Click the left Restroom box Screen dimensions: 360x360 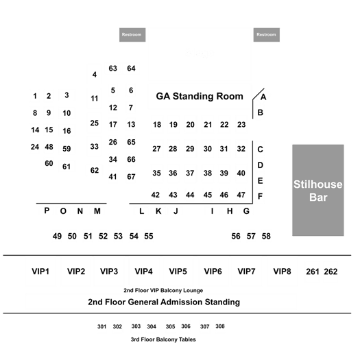(x=132, y=35)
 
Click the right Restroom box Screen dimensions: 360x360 (x=267, y=35)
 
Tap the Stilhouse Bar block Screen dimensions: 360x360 (x=318, y=190)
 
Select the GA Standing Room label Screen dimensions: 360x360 (x=200, y=96)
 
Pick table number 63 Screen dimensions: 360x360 (x=112, y=69)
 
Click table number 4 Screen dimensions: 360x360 (x=95, y=75)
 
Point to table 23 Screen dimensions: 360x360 (x=241, y=125)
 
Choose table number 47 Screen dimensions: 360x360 (x=241, y=195)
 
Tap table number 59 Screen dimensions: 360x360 (x=67, y=149)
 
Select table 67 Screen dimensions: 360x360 (x=131, y=177)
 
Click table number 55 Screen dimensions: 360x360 (x=149, y=237)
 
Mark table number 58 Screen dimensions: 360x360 (x=266, y=237)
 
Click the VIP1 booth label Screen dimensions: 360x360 (x=40, y=272)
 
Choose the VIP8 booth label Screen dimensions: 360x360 (x=282, y=272)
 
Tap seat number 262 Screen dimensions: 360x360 (x=331, y=272)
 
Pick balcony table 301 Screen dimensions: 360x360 (x=101, y=326)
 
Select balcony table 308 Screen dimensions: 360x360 (x=220, y=326)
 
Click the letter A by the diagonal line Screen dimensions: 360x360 (x=263, y=97)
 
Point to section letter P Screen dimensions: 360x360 (x=47, y=211)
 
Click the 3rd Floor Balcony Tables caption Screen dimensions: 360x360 (x=163, y=339)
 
